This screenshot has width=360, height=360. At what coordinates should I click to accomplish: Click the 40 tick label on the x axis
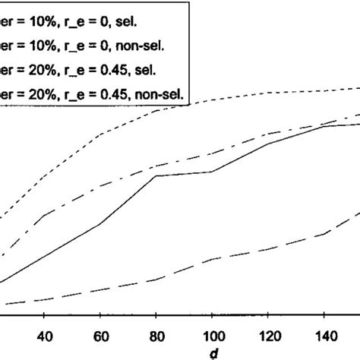(44, 336)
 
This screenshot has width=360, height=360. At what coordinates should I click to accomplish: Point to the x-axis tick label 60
(100, 336)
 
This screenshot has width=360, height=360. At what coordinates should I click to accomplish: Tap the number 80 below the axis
(156, 336)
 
